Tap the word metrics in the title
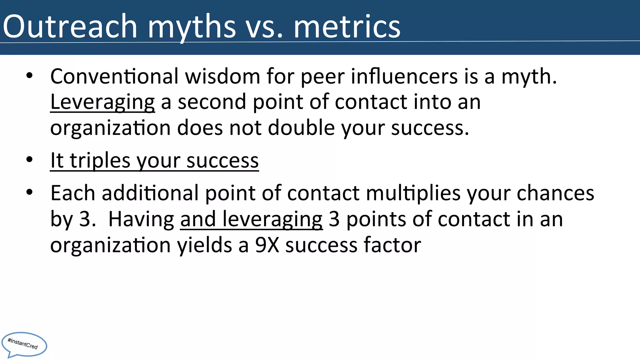click(x=347, y=27)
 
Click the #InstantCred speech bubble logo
click(x=24, y=344)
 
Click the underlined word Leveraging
click(x=102, y=102)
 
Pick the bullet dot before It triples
click(x=29, y=160)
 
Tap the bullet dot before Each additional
click(x=29, y=192)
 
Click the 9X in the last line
click(x=267, y=245)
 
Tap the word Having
click(x=141, y=219)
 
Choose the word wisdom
click(x=222, y=76)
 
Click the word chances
click(x=555, y=193)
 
